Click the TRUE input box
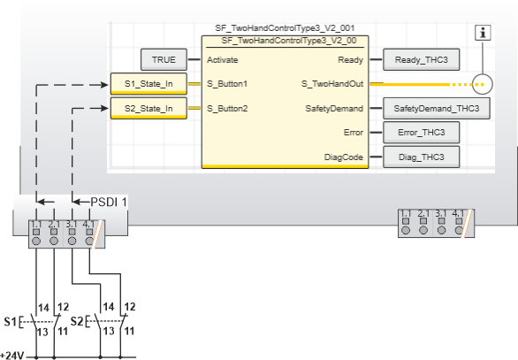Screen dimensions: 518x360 click(x=164, y=59)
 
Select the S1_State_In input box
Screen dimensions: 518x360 click(x=149, y=84)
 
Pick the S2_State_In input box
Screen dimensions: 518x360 click(x=149, y=109)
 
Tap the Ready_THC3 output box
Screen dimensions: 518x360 click(x=421, y=59)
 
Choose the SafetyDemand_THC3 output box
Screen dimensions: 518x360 click(x=437, y=109)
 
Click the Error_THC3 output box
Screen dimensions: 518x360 click(x=421, y=133)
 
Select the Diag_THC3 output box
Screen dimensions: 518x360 click(x=421, y=157)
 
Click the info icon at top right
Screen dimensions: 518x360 click(x=483, y=33)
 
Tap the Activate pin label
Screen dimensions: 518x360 click(x=223, y=60)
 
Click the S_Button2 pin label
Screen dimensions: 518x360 click(x=227, y=109)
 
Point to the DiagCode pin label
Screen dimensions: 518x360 click(x=344, y=157)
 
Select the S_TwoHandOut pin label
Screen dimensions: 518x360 click(x=332, y=84)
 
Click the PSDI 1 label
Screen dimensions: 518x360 click(x=109, y=202)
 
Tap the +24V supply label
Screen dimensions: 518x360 click(x=11, y=356)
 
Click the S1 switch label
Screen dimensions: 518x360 click(x=11, y=321)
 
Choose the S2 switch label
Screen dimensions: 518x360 click(x=77, y=321)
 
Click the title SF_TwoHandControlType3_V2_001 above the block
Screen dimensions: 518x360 click(x=285, y=28)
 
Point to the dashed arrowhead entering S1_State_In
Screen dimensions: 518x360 click(x=104, y=85)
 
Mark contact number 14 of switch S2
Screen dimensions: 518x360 click(x=109, y=306)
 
